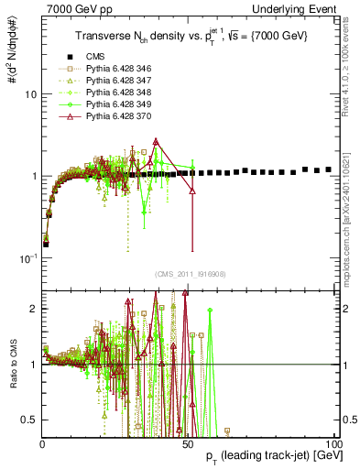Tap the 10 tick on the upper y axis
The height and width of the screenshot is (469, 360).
click(29, 94)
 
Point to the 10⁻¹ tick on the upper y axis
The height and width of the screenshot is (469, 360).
click(27, 258)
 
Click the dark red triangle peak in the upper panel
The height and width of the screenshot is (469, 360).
click(157, 141)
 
